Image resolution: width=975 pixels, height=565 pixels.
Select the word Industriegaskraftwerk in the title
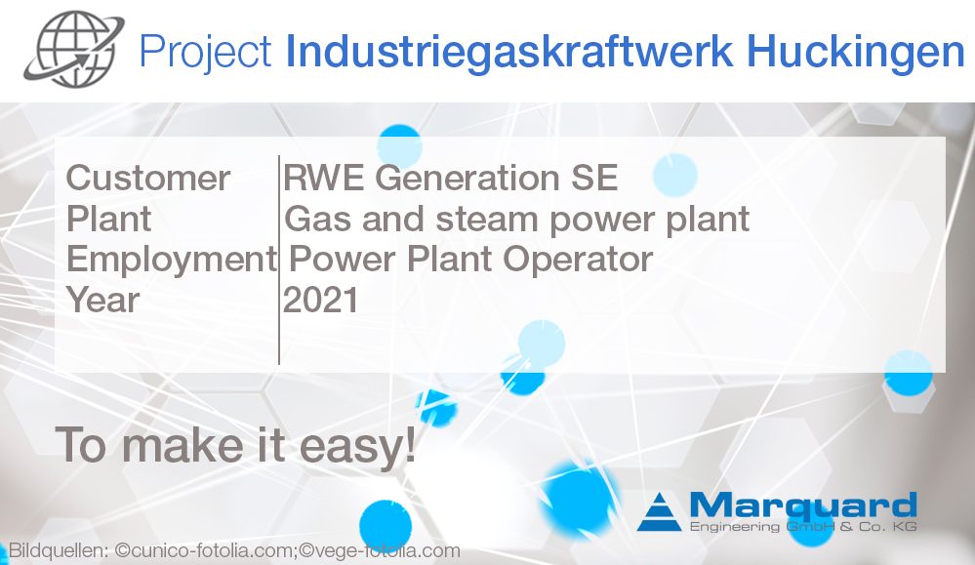pyautogui.click(x=485, y=52)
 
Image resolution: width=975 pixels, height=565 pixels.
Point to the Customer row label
pyautogui.click(x=148, y=179)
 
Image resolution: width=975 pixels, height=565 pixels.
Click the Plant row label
pyautogui.click(x=108, y=219)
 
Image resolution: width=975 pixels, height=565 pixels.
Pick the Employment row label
pyautogui.click(x=171, y=259)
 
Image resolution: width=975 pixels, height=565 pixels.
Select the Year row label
pyautogui.click(x=103, y=300)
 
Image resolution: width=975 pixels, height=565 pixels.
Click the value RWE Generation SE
pyautogui.click(x=451, y=179)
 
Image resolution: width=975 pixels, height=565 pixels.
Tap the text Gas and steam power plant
pyautogui.click(x=517, y=219)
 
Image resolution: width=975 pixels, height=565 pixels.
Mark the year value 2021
pyautogui.click(x=321, y=300)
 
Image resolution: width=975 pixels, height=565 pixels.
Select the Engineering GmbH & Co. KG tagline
pyautogui.click(x=802, y=528)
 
